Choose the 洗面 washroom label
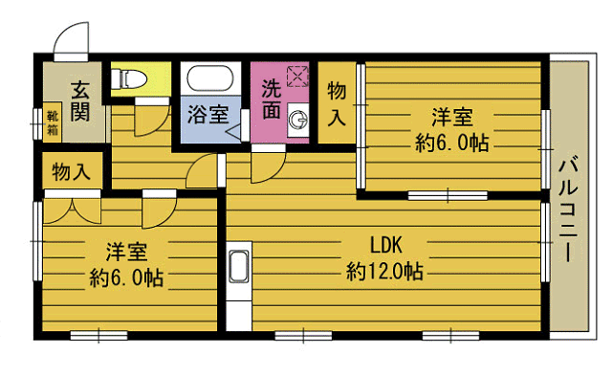(272, 99)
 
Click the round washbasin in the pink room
(299, 120)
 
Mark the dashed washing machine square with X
(298, 77)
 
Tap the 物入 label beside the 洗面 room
(337, 103)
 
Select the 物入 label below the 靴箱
(72, 173)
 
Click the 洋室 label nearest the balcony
(451, 118)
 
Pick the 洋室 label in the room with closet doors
(125, 253)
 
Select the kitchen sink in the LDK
(238, 269)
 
